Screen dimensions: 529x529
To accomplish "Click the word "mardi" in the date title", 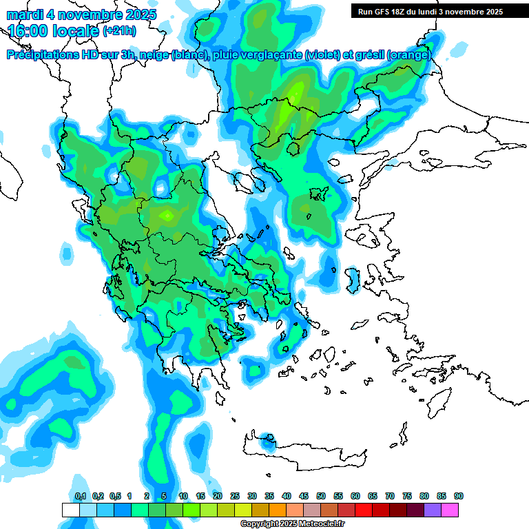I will tap(24, 14).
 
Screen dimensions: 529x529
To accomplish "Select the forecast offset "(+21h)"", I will tap(119, 31).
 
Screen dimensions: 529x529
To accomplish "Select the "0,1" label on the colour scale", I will tap(81, 496).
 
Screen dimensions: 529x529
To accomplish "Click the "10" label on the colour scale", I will tap(183, 496).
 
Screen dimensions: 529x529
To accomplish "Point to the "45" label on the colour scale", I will tap(304, 496).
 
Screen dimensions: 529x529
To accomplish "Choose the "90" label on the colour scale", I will tap(459, 496).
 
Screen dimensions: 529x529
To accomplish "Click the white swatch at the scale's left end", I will tap(70, 510).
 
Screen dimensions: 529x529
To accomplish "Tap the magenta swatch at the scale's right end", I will tap(450, 510).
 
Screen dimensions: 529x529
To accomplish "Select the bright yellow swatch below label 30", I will tap(243, 510).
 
